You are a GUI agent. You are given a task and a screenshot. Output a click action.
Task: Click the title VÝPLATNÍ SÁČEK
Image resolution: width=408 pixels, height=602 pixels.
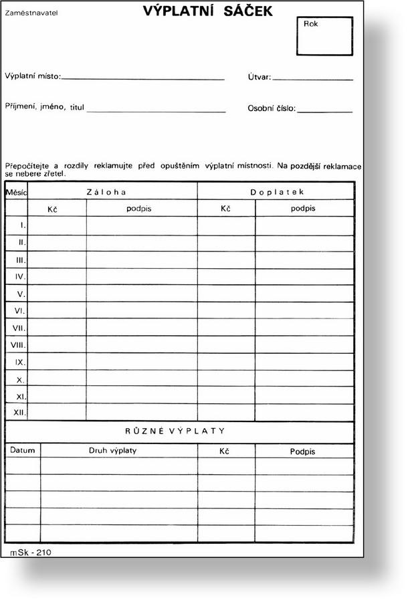(207, 11)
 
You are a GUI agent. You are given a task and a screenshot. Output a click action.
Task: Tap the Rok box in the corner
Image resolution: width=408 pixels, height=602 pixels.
(324, 36)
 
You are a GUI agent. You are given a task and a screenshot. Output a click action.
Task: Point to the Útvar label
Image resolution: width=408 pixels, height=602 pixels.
(259, 78)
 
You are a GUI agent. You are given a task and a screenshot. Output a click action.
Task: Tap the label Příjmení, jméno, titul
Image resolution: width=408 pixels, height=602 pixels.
(44, 107)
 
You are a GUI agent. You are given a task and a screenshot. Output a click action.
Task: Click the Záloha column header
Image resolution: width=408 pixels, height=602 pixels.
(107, 192)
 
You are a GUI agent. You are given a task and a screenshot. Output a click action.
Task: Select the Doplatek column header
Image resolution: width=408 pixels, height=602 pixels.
(276, 192)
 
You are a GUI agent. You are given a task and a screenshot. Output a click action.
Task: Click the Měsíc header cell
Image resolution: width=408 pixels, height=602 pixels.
(16, 192)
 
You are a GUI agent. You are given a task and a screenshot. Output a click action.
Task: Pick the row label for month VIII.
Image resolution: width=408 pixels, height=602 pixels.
(18, 345)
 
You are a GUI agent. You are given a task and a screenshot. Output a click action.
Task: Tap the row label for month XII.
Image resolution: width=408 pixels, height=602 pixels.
(19, 412)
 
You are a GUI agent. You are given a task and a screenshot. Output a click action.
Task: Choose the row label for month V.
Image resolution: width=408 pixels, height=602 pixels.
(21, 294)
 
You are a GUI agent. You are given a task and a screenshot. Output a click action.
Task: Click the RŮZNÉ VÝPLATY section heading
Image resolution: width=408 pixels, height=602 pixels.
(175, 431)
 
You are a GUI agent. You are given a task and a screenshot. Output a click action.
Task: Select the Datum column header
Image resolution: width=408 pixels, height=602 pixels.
(21, 450)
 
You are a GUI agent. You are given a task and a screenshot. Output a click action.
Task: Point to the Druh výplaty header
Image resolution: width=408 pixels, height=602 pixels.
(113, 450)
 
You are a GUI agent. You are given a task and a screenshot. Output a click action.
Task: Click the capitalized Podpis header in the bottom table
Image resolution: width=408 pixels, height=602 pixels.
(302, 451)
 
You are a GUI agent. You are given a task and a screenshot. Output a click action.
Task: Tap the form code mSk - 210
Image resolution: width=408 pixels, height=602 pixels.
(31, 552)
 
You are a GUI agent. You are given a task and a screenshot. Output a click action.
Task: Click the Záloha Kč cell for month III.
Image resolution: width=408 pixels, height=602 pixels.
(57, 260)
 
